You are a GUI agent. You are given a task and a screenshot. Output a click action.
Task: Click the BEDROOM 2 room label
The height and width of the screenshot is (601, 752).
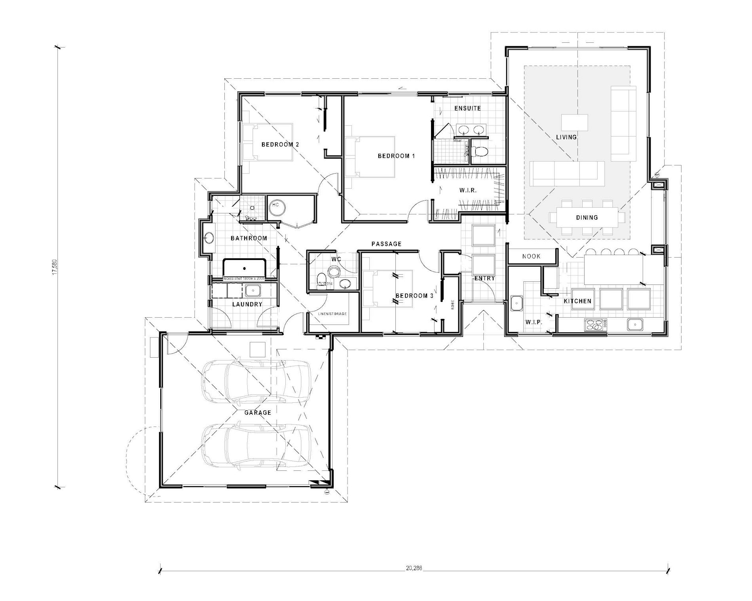(280, 144)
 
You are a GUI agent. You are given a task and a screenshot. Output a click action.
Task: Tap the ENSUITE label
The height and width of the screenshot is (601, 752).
(467, 108)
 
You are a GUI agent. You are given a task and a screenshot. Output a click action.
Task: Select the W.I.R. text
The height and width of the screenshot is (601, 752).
(468, 190)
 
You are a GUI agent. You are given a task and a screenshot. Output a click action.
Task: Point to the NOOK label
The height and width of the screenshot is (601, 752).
(531, 256)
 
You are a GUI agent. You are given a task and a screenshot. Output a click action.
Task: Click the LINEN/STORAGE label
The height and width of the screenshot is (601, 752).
(332, 314)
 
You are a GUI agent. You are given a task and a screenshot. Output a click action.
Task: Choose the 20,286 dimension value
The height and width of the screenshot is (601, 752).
(414, 568)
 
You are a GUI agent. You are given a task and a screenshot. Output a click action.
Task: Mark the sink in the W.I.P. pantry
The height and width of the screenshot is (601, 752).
(516, 303)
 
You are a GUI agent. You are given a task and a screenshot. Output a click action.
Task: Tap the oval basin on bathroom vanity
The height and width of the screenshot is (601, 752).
(209, 238)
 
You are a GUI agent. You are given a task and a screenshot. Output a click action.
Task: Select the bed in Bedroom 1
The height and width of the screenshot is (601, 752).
(370, 157)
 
